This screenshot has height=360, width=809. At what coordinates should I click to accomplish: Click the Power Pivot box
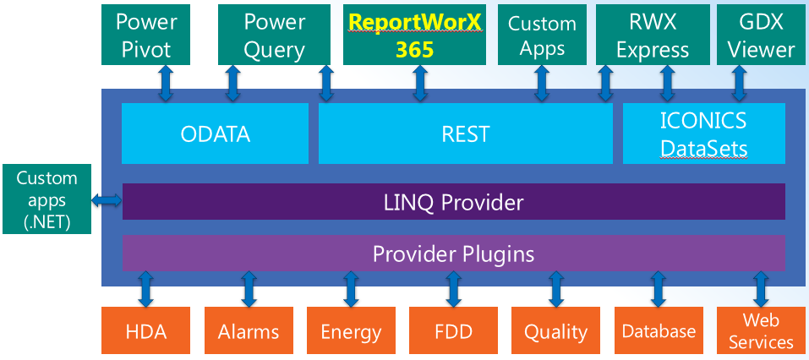[145, 35]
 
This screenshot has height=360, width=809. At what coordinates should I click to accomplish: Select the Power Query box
[274, 35]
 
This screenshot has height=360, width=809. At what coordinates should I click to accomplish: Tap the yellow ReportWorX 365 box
[414, 35]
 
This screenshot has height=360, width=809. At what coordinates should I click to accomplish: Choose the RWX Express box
[652, 35]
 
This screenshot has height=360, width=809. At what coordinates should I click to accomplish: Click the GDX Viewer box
[761, 35]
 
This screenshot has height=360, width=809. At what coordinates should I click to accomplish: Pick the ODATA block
[216, 134]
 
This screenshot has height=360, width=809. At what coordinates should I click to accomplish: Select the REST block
[466, 134]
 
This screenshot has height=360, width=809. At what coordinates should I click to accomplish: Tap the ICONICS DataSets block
[703, 134]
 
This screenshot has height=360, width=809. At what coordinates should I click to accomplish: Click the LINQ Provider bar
[453, 202]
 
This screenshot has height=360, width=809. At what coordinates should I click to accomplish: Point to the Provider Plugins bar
[453, 253]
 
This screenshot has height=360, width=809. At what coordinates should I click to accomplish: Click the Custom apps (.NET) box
[47, 199]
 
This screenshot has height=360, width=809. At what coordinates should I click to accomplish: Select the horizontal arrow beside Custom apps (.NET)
[107, 201]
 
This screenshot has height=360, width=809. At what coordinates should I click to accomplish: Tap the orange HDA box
[145, 330]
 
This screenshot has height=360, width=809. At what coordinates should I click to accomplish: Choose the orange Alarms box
[249, 330]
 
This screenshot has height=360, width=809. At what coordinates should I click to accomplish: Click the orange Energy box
[351, 330]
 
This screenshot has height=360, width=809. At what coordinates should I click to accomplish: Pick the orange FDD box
[453, 330]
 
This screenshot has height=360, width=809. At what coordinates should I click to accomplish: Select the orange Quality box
[556, 330]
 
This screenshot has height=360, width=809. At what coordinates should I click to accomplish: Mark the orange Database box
[659, 330]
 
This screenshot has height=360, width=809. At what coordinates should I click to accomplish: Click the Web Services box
[761, 330]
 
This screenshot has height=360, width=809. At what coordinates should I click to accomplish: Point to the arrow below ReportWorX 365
[420, 84]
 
